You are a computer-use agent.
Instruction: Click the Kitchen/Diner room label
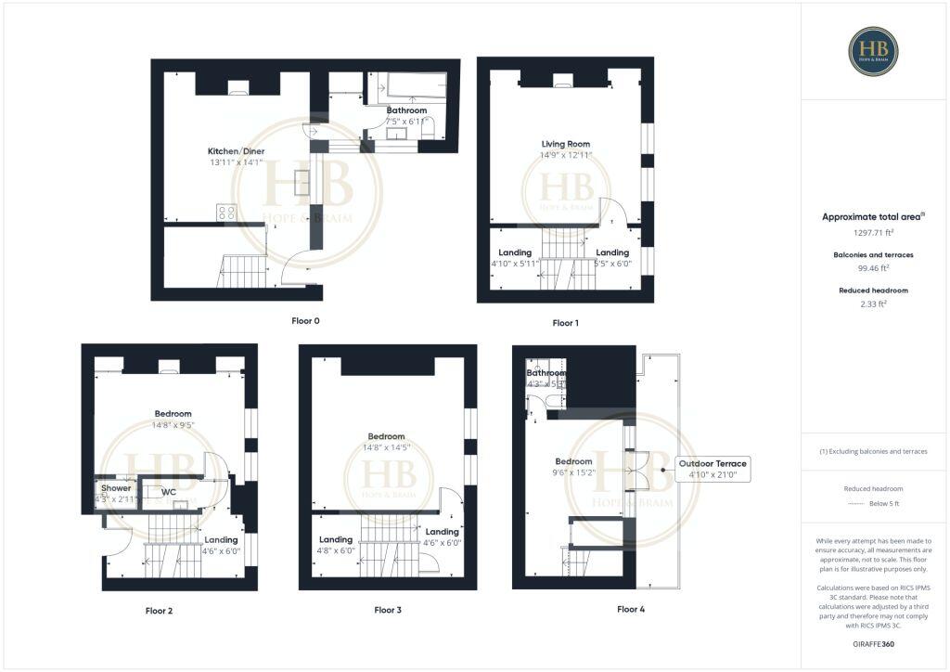point(235,151)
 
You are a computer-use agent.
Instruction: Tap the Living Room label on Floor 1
point(566,144)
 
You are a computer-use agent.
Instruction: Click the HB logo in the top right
point(873,51)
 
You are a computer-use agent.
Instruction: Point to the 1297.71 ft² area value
point(873,232)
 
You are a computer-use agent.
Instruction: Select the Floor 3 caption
point(388,610)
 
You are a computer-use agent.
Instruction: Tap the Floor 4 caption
point(630,609)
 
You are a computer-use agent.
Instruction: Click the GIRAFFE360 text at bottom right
point(873,643)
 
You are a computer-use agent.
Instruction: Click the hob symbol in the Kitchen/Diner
point(226,213)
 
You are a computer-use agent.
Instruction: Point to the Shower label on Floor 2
point(116,488)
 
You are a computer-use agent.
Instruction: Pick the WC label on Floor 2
point(169,492)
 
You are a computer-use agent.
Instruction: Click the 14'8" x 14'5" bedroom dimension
point(386,447)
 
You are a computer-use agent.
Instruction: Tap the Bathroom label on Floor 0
point(406,110)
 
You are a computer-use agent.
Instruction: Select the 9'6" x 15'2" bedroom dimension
point(573,472)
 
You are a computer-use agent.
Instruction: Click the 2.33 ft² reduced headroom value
point(873,304)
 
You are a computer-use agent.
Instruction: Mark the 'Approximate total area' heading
point(873,216)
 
